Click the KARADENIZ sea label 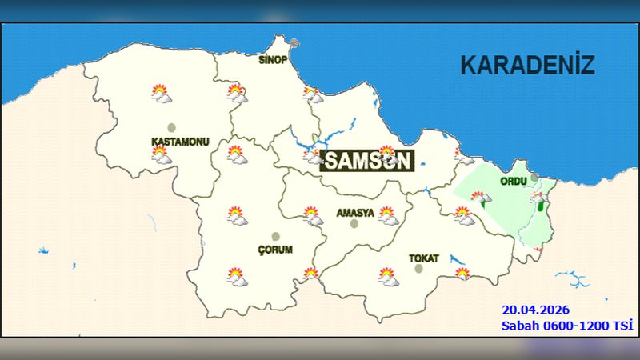point(527,65)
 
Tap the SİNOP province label point(272,60)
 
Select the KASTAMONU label point(180,142)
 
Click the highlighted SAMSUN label point(368,161)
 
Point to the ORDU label point(513,182)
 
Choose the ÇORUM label point(275,250)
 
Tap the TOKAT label point(423,258)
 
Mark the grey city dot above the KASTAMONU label point(170,127)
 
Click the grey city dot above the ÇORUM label point(276,236)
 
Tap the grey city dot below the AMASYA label point(354,224)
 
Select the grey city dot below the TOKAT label point(418,269)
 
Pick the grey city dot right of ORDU point(534,178)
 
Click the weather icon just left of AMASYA point(312,214)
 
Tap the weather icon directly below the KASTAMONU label point(162,157)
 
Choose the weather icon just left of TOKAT point(388,277)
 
